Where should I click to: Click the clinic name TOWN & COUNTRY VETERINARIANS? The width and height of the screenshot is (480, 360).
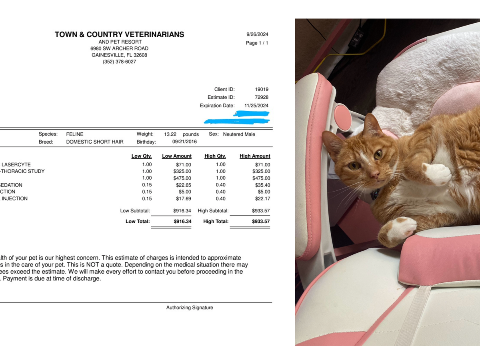(119, 34)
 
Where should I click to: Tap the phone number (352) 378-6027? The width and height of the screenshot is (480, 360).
(119, 62)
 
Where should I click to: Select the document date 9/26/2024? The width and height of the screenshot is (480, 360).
(257, 34)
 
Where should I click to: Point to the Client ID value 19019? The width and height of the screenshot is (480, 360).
(262, 89)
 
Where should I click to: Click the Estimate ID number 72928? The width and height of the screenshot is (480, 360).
(262, 97)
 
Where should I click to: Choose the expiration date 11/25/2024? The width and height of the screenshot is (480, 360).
(256, 106)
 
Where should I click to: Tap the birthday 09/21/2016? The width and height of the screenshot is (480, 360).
(184, 142)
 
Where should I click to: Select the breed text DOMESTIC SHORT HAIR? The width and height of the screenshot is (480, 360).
(95, 142)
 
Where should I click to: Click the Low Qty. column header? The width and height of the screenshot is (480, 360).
(142, 156)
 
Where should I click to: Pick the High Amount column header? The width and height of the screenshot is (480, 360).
(255, 156)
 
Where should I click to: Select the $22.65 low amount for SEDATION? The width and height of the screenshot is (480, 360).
(184, 185)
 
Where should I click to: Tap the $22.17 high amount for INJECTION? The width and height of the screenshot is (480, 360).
(262, 198)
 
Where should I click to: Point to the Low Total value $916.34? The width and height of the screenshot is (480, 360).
(182, 221)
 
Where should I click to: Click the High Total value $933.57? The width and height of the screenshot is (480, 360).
(261, 221)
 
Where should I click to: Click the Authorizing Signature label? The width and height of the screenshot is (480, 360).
(190, 308)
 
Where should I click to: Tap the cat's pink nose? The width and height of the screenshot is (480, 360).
(374, 175)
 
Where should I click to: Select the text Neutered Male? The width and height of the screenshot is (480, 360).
(239, 134)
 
